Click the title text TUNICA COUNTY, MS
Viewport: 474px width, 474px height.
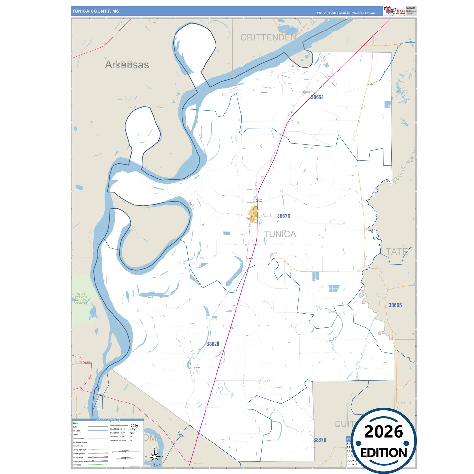click(95, 11)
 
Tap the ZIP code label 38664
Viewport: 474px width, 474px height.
click(317, 97)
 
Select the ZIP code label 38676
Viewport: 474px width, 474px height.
click(283, 216)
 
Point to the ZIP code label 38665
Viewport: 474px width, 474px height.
click(395, 305)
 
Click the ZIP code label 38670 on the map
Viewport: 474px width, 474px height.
click(319, 440)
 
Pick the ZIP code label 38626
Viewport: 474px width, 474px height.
click(213, 344)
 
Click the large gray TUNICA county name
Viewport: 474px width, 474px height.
click(280, 234)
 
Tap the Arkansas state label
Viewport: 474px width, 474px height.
click(127, 65)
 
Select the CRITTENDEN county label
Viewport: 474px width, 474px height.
click(268, 37)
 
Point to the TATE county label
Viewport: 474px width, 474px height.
click(397, 252)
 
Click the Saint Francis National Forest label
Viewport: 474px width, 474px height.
click(81, 299)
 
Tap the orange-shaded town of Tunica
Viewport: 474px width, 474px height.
click(253, 215)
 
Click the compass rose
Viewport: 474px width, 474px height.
click(155, 456)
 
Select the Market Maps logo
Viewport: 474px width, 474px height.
click(395, 11)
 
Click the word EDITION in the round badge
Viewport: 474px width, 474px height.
click(383, 453)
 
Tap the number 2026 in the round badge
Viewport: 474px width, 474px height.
click(383, 432)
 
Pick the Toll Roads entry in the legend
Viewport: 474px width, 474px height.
click(77, 465)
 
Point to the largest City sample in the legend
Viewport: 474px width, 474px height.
click(134, 425)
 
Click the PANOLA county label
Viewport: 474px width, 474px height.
click(404, 403)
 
